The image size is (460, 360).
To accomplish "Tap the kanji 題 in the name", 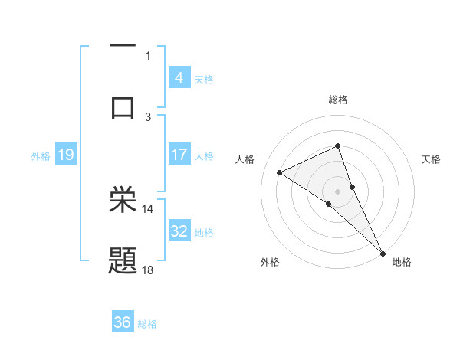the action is [123, 261].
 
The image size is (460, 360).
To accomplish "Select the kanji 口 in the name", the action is [123, 107].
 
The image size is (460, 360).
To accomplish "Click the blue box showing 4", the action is [179, 77].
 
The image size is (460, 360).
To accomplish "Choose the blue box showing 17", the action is [179, 155].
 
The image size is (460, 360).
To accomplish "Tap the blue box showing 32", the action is [179, 231].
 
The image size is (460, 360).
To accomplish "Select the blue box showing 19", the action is [65, 155].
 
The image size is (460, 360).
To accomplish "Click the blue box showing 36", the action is [123, 322].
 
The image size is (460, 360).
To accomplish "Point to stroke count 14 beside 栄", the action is [148, 208].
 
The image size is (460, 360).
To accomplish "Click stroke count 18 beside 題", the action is [148, 270].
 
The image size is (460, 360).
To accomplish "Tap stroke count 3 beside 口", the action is [148, 116].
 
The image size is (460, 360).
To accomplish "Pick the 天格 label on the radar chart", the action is [431, 159].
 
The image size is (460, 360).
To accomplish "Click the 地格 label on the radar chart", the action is [402, 262].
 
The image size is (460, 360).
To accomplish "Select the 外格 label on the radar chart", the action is [270, 262].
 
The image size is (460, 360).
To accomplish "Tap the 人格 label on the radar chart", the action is [245, 159].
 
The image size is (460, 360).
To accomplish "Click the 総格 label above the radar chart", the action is [338, 100].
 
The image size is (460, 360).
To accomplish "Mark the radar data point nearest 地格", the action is [383, 252].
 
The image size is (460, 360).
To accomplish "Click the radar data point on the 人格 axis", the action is [280, 172].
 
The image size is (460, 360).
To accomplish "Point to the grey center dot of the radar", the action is [338, 190].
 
